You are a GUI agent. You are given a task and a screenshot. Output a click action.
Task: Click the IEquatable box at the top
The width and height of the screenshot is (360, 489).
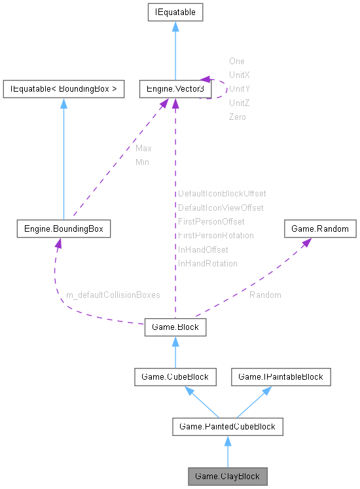175,12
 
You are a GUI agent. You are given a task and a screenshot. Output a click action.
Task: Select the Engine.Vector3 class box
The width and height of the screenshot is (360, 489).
174,88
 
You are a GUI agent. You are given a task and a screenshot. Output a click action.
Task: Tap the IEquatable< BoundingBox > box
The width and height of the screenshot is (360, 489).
63,88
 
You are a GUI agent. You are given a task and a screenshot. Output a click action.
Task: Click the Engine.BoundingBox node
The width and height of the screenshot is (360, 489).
63,229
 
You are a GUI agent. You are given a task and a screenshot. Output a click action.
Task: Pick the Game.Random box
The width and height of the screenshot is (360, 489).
320,229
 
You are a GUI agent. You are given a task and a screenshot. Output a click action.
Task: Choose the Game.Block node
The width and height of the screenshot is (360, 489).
175,327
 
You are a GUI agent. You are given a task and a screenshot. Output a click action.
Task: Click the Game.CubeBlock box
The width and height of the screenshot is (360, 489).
175,376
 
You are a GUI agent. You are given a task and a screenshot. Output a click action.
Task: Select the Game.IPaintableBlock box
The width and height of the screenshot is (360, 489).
281,376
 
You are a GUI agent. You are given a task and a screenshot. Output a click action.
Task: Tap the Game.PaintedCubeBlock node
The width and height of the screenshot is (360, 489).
228,427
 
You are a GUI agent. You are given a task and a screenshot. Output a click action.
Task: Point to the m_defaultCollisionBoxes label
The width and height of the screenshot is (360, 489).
113,295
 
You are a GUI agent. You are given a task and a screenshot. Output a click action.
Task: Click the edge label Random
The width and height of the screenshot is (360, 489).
265,295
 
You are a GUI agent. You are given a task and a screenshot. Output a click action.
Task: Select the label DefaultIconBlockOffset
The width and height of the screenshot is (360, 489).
222,194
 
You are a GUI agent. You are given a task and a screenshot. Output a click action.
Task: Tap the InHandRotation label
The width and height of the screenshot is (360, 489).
207,264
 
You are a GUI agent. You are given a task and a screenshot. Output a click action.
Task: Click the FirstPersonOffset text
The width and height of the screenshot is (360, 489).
211,222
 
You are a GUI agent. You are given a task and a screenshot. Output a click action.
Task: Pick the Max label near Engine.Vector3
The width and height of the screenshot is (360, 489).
143,149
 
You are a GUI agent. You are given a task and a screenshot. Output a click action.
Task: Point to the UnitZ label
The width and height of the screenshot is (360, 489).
239,103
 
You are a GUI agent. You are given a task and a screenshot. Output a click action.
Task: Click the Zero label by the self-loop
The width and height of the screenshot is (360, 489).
237,117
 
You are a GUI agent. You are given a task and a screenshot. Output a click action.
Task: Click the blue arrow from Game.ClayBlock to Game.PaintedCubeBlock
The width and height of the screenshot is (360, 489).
228,452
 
